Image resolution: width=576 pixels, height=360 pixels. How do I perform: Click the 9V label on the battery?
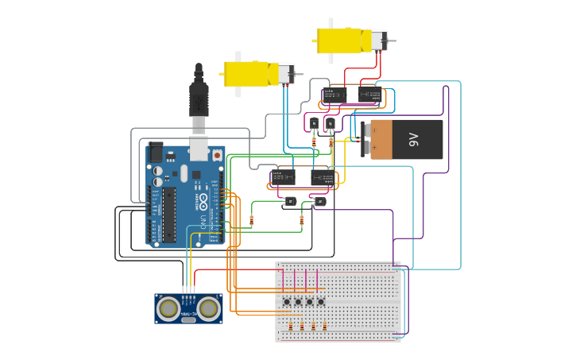[413, 140]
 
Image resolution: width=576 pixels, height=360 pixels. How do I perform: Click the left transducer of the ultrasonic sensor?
[168, 308]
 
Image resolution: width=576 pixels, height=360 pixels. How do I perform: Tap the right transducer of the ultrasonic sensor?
[209, 308]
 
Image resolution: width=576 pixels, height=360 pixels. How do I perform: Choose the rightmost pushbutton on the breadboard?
[321, 301]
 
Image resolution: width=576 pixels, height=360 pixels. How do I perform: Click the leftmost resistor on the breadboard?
[290, 327]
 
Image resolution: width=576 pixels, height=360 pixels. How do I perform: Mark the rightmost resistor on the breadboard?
[325, 327]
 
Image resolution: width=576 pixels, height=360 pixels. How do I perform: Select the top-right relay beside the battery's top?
[369, 95]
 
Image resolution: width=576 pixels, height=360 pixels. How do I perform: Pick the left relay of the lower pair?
[283, 176]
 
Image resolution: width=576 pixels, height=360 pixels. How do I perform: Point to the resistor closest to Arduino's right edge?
[252, 220]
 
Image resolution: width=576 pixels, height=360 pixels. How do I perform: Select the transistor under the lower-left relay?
[290, 202]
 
